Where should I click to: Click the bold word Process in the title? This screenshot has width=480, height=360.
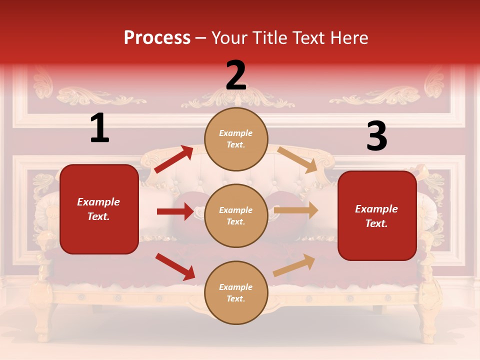point(157,38)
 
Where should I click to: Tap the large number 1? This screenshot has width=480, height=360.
point(99,128)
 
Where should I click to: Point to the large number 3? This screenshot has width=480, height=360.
point(376,136)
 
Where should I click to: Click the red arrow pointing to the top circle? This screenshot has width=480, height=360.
point(173,159)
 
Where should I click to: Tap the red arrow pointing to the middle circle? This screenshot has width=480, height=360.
point(175,211)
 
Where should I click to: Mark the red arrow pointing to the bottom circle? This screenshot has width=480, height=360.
point(175,266)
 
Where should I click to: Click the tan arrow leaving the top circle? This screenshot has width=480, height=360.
point(297,159)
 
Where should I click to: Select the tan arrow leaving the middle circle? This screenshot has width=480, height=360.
point(296,210)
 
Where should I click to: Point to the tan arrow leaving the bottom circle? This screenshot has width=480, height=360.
point(294,265)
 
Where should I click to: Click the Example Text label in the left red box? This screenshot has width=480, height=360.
point(98,209)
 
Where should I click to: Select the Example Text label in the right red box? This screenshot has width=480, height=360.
point(376,216)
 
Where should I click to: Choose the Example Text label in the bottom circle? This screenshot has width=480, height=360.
point(235,292)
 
